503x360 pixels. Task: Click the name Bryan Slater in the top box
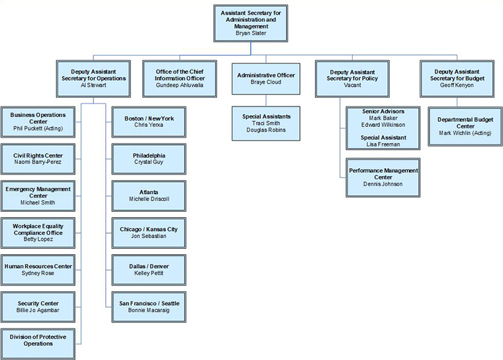251,33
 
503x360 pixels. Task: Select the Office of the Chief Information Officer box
180,78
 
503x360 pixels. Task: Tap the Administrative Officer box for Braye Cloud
266,78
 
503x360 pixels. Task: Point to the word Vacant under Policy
353,85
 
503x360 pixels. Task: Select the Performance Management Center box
383,177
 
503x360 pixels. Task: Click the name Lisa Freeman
384,144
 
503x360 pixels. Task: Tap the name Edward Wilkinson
384,124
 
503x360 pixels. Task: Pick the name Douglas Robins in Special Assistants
266,131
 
